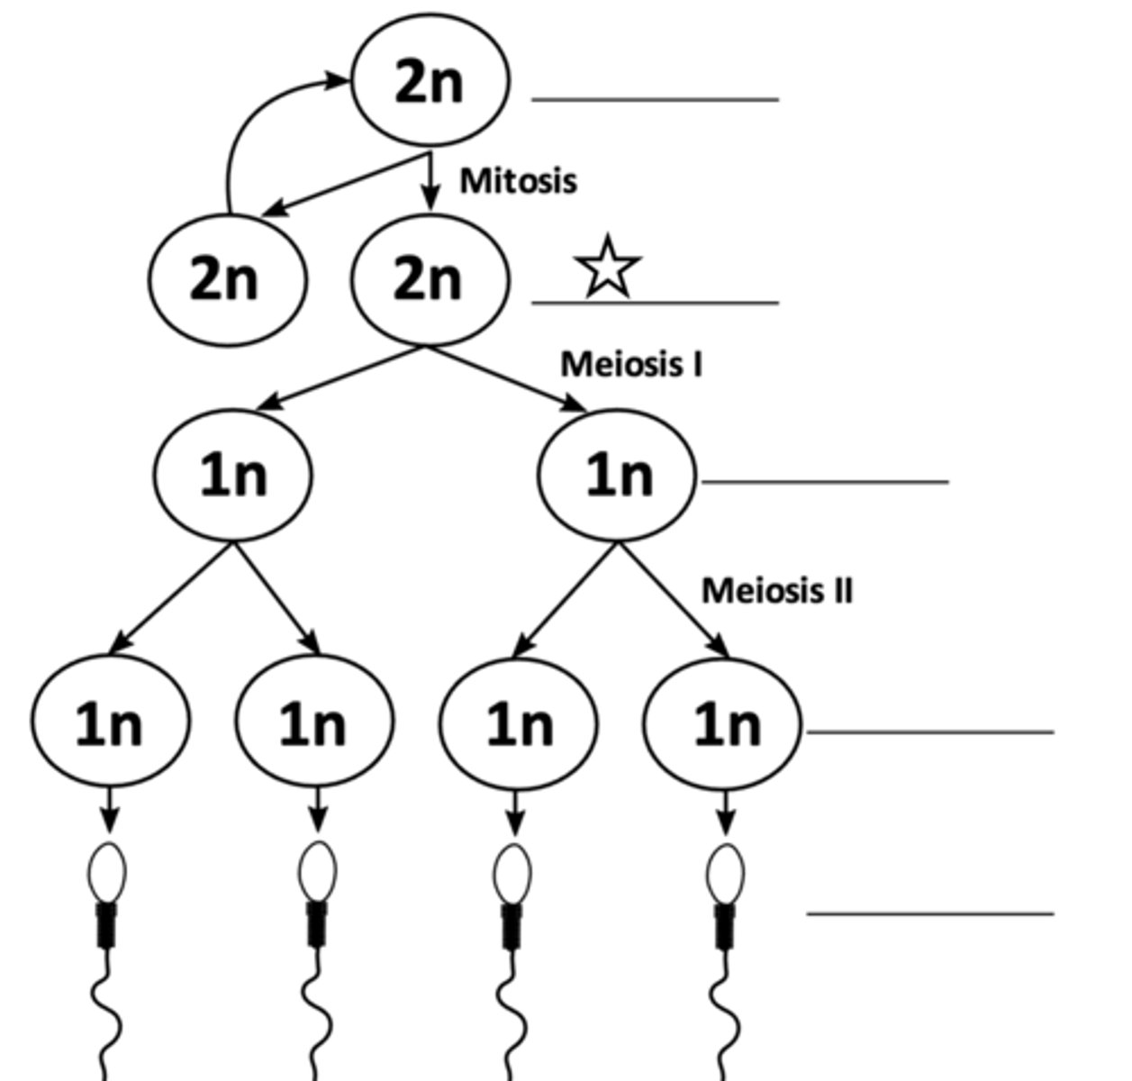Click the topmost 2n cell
pyautogui.click(x=430, y=80)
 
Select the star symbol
pyautogui.click(x=608, y=267)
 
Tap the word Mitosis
pyautogui.click(x=518, y=180)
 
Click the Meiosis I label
pyautogui.click(x=631, y=364)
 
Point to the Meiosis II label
pyautogui.click(x=776, y=591)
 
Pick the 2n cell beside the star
pyautogui.click(x=430, y=279)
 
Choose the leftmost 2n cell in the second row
pyautogui.click(x=227, y=279)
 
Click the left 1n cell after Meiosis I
pyautogui.click(x=233, y=475)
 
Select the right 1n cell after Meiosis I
pyautogui.click(x=617, y=475)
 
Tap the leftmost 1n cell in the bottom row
pyautogui.click(x=110, y=723)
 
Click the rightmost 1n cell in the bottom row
pyautogui.click(x=723, y=723)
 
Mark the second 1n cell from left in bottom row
pyautogui.click(x=314, y=723)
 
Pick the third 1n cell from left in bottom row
pyautogui.click(x=518, y=723)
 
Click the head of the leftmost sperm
pyautogui.click(x=107, y=871)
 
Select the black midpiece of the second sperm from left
pyautogui.click(x=316, y=923)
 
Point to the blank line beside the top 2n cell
pyautogui.click(x=655, y=99)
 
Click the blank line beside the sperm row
pyautogui.click(x=929, y=913)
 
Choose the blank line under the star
pyautogui.click(x=655, y=303)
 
